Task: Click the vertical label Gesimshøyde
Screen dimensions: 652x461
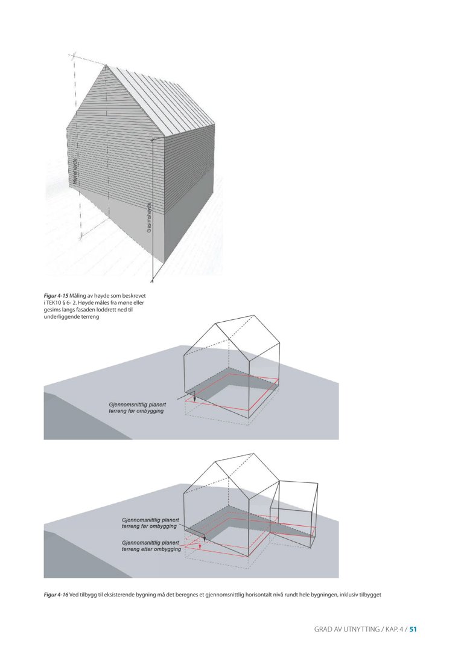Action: click(x=149, y=219)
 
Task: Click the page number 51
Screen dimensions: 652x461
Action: click(x=413, y=629)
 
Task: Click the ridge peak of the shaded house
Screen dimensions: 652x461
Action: click(x=107, y=65)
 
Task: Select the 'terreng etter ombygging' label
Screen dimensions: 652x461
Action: click(x=151, y=546)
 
